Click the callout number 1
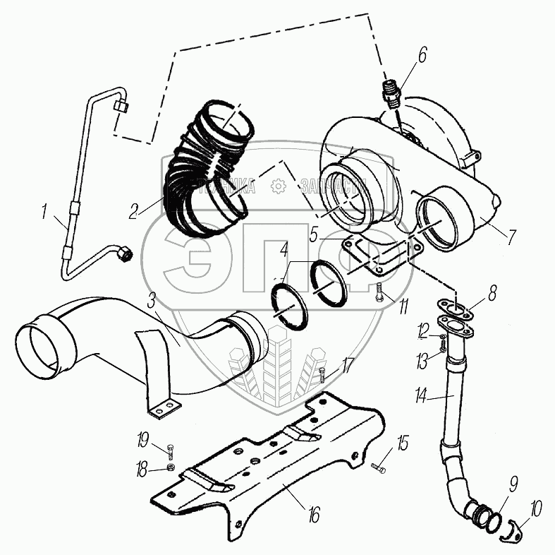pyautogui.click(x=46, y=210)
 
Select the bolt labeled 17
pyautogui.click(x=322, y=374)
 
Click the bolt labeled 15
pyautogui.click(x=379, y=466)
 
